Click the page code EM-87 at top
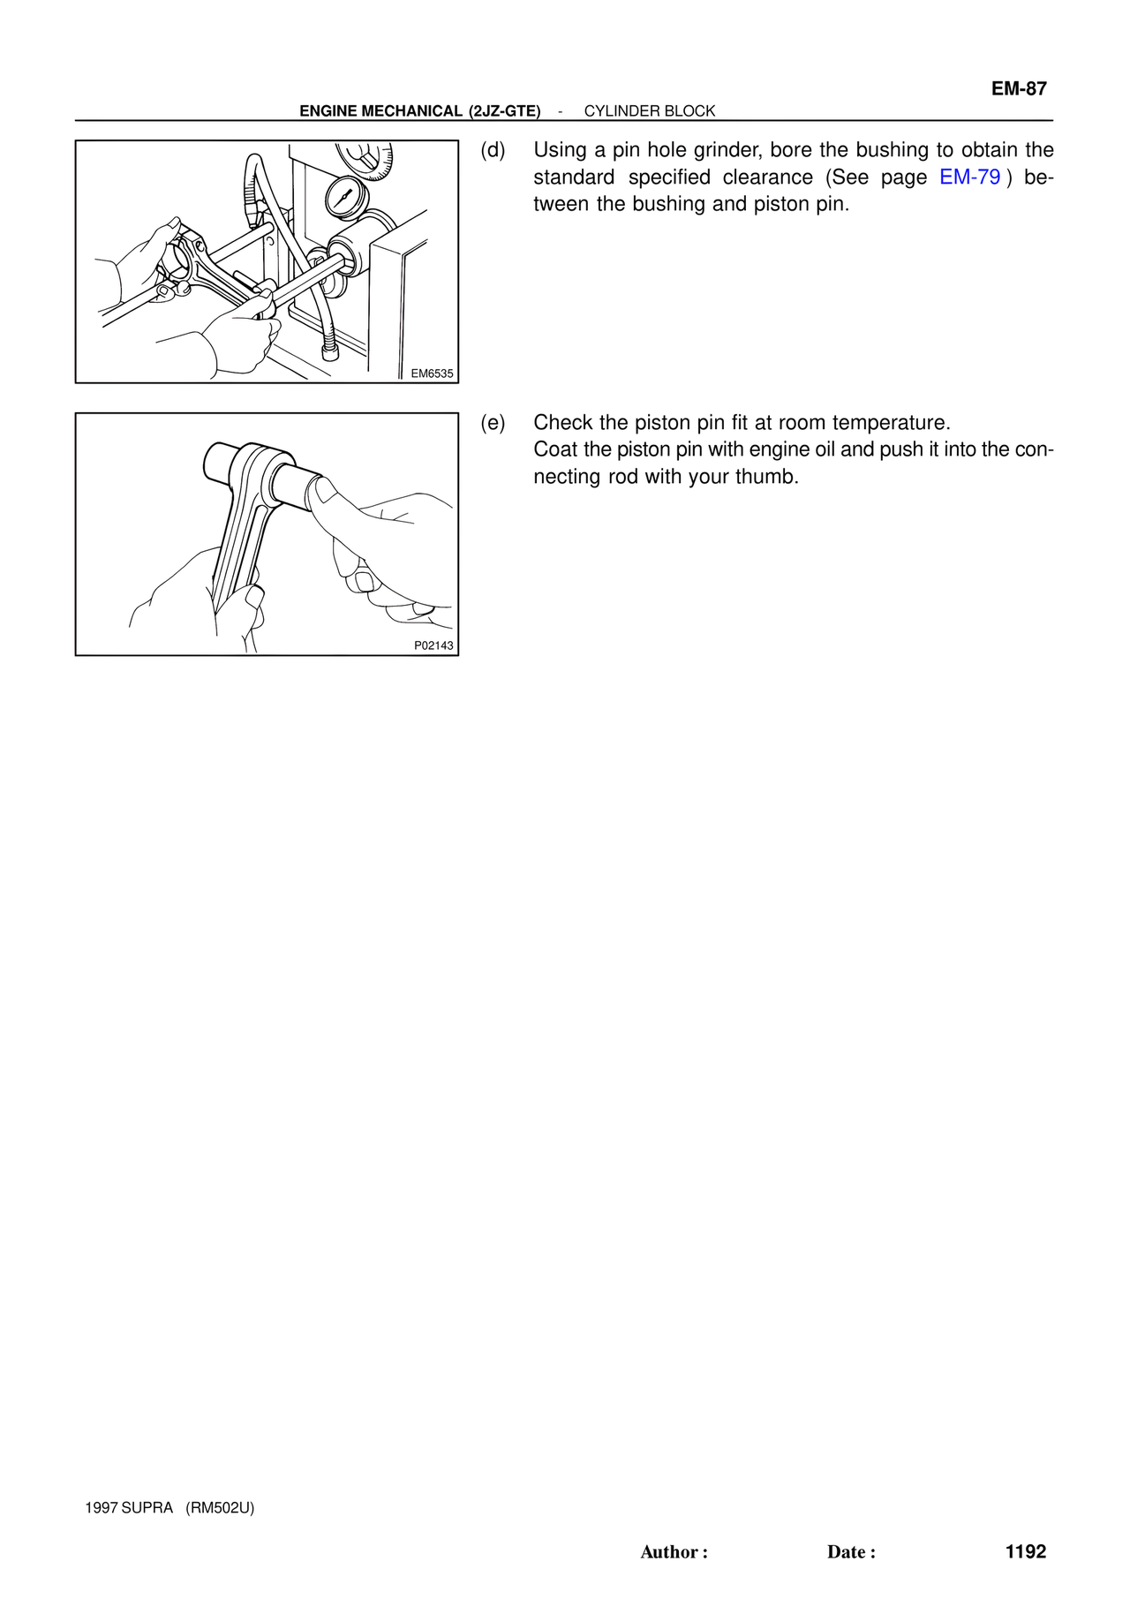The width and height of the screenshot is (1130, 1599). pyautogui.click(x=1019, y=88)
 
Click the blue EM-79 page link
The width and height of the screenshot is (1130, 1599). pyautogui.click(x=969, y=177)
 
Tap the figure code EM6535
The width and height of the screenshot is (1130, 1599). pyautogui.click(x=432, y=373)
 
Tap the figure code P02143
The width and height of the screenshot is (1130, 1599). pyautogui.click(x=433, y=645)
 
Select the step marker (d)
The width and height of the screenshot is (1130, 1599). pyautogui.click(x=493, y=150)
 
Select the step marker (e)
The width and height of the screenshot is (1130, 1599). pyautogui.click(x=493, y=423)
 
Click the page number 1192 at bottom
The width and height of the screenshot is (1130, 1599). pyautogui.click(x=1026, y=1551)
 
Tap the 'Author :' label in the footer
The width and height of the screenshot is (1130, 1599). pyautogui.click(x=674, y=1552)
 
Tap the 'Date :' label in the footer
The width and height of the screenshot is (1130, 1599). pyautogui.click(x=851, y=1552)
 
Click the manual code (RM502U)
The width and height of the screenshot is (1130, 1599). pyautogui.click(x=220, y=1508)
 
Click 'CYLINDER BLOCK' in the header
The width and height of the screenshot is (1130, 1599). pyautogui.click(x=650, y=111)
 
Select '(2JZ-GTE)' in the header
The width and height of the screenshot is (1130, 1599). pyautogui.click(x=505, y=111)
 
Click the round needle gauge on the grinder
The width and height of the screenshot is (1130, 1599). pyautogui.click(x=343, y=197)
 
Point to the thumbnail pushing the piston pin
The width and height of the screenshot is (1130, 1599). pyautogui.click(x=323, y=490)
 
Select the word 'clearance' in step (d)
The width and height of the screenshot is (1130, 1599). pyautogui.click(x=768, y=177)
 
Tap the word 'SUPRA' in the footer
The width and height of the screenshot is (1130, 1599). pyautogui.click(x=147, y=1508)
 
